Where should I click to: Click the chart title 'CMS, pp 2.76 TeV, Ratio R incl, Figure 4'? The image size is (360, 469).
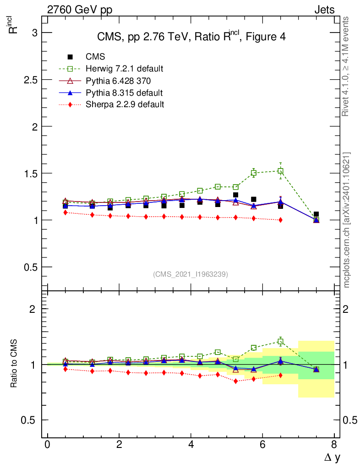tap(191, 37)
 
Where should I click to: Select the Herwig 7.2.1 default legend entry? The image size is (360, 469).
tap(124, 69)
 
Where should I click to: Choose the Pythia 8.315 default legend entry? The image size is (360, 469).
tap(124, 93)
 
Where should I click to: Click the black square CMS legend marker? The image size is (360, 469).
tap(70, 57)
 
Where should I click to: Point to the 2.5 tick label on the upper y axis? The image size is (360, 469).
tap(29, 80)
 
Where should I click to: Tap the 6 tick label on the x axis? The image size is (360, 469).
tap(262, 445)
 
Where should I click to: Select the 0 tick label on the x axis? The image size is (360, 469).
tap(47, 445)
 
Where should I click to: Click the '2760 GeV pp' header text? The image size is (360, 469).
tap(80, 10)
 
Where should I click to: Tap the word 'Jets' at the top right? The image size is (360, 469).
tap(324, 10)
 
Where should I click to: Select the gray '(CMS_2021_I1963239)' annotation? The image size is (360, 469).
tap(191, 274)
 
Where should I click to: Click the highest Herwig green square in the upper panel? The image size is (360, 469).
tap(280, 171)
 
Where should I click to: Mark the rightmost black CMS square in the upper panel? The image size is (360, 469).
tap(316, 214)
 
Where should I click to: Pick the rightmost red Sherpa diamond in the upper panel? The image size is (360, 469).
tap(280, 220)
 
